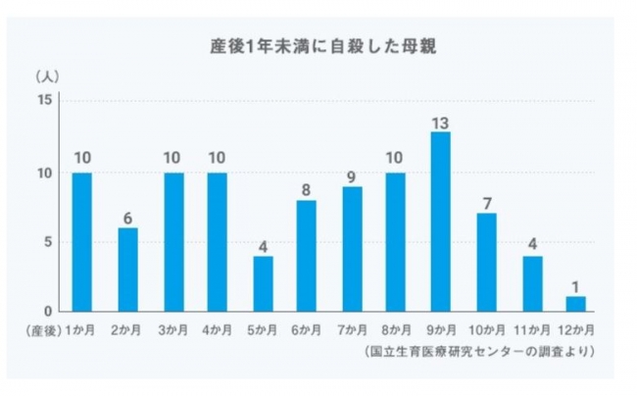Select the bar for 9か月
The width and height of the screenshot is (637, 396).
click(441, 221)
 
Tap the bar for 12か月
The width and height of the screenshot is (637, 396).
click(576, 304)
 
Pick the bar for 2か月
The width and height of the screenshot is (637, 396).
click(127, 270)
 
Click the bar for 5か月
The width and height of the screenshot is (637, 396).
click(263, 283)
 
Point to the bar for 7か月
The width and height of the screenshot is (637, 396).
click(352, 249)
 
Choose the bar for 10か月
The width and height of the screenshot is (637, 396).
click(487, 262)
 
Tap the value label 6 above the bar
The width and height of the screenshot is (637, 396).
click(127, 218)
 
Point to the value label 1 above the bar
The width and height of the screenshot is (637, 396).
click(576, 287)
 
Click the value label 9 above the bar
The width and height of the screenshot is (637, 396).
click(352, 176)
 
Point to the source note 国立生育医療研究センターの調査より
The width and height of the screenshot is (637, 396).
click(481, 350)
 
